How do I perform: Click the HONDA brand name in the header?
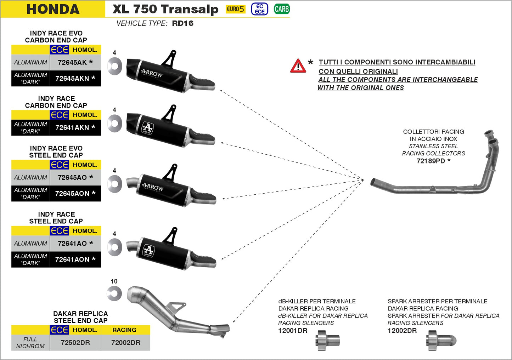coord(53,9)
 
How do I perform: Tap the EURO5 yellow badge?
coord(235,9)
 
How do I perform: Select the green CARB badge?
coord(282,9)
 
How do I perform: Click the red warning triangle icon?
coord(298,66)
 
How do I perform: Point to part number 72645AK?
coord(72,62)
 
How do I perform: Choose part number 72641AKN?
coord(72,127)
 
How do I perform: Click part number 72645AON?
coord(72,193)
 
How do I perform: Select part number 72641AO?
coord(72,244)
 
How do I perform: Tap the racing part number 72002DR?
coord(125,343)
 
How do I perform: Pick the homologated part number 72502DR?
coord(75,343)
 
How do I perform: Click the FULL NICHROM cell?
coord(30,343)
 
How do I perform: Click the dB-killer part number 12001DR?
coord(293,331)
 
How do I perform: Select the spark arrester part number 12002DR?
coord(402,331)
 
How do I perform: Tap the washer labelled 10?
coord(114,293)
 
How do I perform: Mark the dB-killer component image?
coord(327,341)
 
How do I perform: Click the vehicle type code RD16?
coord(182,23)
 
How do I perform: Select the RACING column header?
coord(124,330)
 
